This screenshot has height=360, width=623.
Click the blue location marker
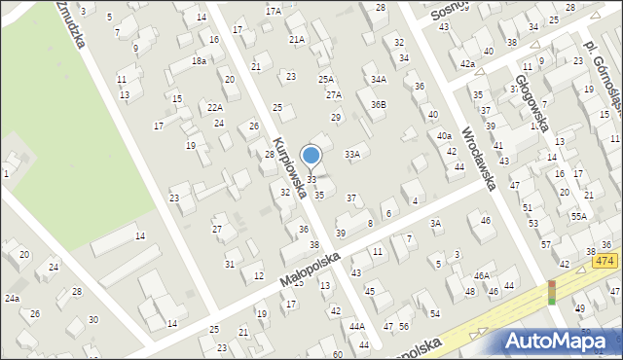click(x=311, y=156)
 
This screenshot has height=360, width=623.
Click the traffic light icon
click(x=551, y=293)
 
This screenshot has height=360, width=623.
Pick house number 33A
click(x=352, y=154)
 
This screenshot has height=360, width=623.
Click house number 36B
click(x=378, y=104)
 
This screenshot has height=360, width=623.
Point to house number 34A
click(x=378, y=80)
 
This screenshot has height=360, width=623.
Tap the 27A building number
click(x=334, y=95)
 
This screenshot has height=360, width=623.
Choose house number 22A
click(x=215, y=107)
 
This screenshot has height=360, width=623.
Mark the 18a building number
click(x=199, y=60)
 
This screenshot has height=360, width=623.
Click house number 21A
click(x=297, y=39)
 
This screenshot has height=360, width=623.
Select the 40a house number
click(x=444, y=136)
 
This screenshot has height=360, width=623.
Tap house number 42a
click(x=468, y=64)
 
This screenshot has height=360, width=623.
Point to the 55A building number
click(x=579, y=216)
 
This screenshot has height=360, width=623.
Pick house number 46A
click(x=482, y=276)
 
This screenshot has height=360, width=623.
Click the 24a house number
click(x=12, y=298)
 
